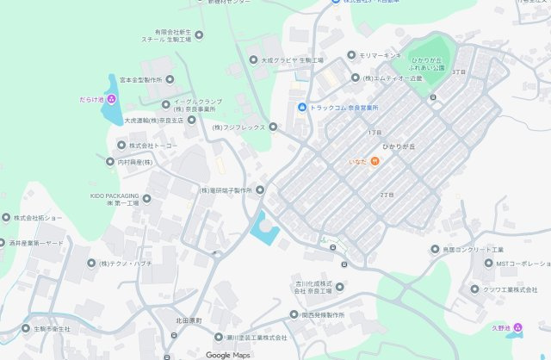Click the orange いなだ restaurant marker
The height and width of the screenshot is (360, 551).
tap(375, 162)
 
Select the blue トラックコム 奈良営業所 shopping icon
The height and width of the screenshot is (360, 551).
tap(302, 107)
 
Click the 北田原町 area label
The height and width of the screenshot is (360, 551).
tap(188, 320)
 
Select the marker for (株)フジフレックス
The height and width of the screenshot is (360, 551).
tap(273, 127)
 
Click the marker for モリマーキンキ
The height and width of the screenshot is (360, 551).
tap(352, 55)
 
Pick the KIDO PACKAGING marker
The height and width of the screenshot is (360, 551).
tap(146, 199)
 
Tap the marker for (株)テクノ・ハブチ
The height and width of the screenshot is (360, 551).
tap(90, 263)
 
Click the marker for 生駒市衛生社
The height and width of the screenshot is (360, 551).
tap(26, 329)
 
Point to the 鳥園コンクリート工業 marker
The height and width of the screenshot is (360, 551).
tap(435, 249)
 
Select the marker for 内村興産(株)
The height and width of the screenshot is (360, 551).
tap(110, 162)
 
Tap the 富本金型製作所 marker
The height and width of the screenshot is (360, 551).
tap(170, 79)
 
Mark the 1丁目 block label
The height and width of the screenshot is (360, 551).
tap(374, 133)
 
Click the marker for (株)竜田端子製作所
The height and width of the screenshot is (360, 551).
tap(260, 189)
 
